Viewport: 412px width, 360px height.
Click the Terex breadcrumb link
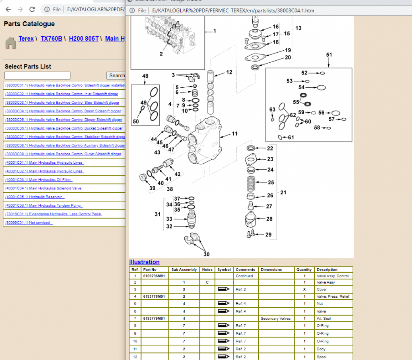coord(26,39)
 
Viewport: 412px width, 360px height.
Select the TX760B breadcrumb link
coord(51,39)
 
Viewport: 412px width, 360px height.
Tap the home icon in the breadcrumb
coord(10,43)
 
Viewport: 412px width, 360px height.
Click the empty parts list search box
coord(37,76)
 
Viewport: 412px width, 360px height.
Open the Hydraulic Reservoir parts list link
coord(35,197)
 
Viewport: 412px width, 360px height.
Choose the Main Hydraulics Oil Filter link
coord(38,180)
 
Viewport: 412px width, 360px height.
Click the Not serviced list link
coord(29,222)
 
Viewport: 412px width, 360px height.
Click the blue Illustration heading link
coord(144,262)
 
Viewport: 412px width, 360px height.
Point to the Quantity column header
coord(304,269)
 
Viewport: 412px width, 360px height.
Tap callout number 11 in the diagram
coord(235,134)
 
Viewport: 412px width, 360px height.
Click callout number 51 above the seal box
coord(329,55)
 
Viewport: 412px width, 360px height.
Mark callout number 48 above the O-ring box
coord(145,76)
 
